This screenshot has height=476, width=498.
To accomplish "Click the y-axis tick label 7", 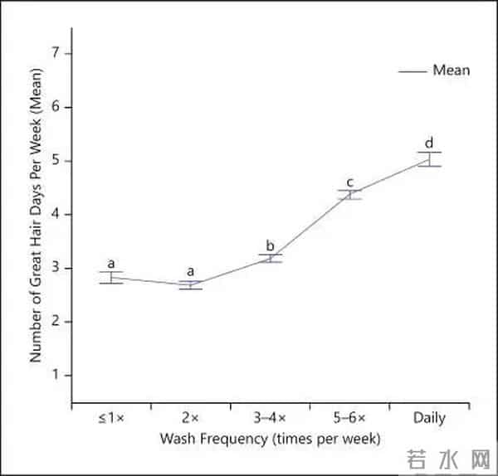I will click(58, 54).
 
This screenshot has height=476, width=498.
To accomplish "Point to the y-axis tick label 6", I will click(58, 108).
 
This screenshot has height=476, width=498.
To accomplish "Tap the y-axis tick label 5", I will click(58, 161).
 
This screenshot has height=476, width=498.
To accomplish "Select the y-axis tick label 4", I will click(58, 214).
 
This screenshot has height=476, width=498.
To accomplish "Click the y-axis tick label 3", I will click(58, 268).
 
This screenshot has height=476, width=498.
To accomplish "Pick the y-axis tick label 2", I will click(58, 322).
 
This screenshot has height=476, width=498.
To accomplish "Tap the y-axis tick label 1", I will click(58, 375).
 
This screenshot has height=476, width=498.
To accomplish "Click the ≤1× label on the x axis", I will click(111, 417).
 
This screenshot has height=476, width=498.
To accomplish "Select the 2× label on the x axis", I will click(191, 417).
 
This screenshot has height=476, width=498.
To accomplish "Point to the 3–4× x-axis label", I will click(270, 417).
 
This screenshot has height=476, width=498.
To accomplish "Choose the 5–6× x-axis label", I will click(349, 417).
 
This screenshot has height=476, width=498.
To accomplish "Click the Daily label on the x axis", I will click(429, 417).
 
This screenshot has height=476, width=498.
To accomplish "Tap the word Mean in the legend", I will click(451, 70).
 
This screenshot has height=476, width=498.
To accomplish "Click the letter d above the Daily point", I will click(429, 142).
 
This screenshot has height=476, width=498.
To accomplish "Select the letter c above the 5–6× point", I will click(349, 182).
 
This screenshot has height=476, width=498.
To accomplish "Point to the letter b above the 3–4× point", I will click(270, 245).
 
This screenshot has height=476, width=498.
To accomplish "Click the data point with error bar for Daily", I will click(429, 159).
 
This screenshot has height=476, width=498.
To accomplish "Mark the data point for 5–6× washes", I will click(349, 195).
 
